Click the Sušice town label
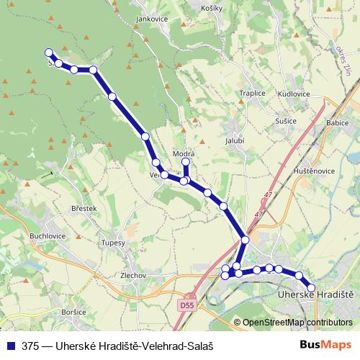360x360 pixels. click(286, 121)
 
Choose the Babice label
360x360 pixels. click(338, 123)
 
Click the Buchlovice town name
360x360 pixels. click(48, 235)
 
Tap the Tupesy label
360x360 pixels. click(114, 243)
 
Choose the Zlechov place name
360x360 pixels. click(134, 275)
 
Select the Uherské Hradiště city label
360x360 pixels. click(315, 295)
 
